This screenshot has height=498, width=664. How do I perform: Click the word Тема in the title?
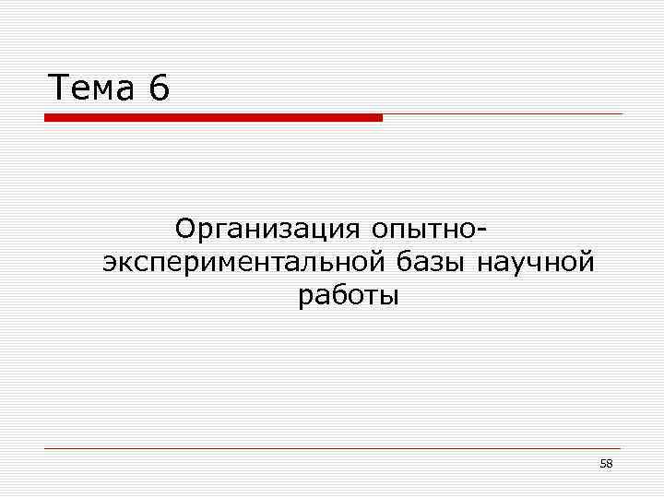tap(89, 89)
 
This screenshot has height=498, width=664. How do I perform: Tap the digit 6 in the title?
tap(157, 89)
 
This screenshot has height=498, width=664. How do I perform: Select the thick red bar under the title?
tap(213, 118)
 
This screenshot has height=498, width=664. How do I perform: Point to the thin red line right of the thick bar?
tap(503, 114)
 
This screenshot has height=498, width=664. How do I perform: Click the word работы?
tap(349, 297)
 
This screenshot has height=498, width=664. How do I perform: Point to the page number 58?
tap(606, 464)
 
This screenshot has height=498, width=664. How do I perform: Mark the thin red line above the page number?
tap(332, 448)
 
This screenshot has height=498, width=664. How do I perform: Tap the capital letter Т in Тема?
tap(58, 89)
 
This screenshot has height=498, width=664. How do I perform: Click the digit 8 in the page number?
tap(610, 464)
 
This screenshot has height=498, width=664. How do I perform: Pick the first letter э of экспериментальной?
tap(111, 263)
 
